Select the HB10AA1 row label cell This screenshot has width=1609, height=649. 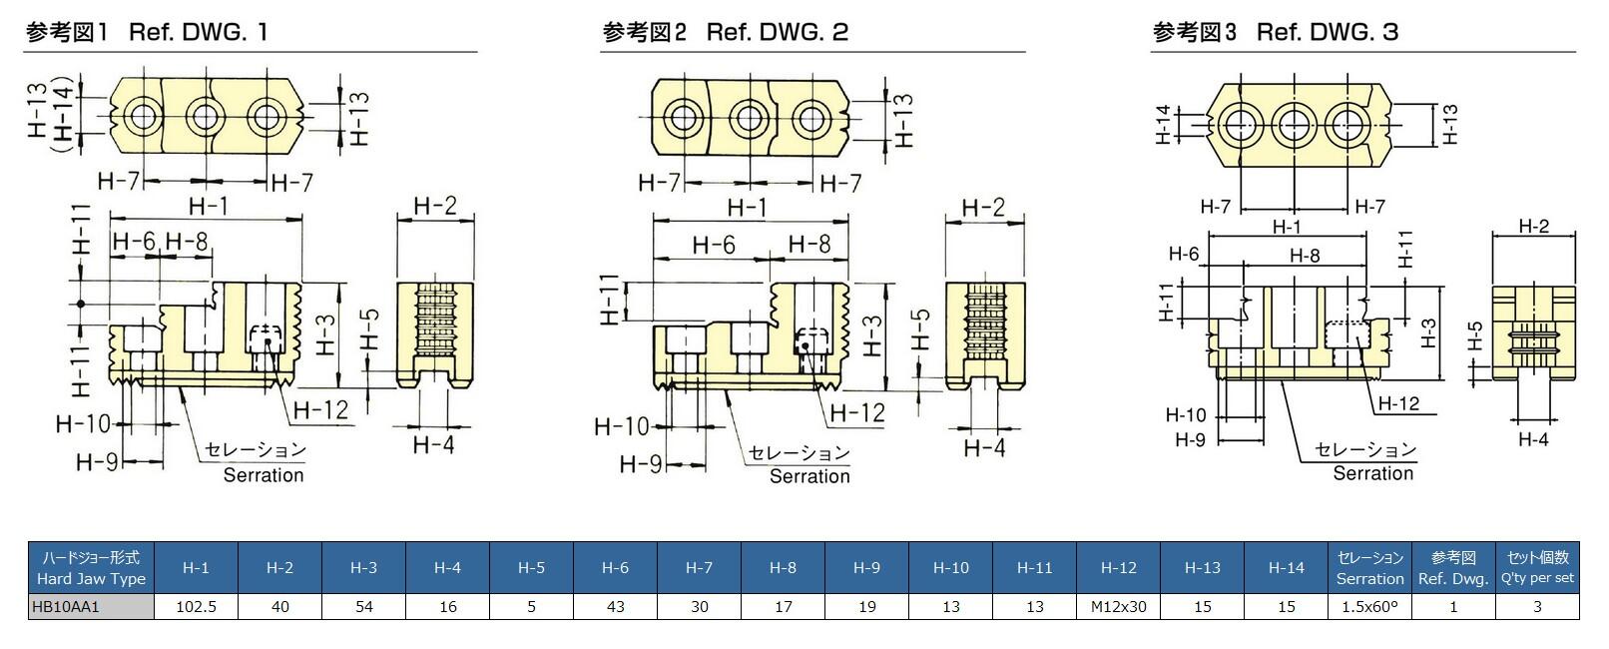coord(91,606)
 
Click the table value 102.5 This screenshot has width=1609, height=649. coord(196,606)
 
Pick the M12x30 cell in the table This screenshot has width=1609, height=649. coord(1118,606)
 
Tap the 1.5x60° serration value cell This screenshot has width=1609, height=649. coord(1369,606)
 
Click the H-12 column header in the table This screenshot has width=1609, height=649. coord(1118,567)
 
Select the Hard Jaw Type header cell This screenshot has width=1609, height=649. coord(91,567)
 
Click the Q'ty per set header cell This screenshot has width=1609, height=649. coord(1537,567)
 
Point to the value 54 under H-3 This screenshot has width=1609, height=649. coord(363,606)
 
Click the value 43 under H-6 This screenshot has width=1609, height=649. coord(615,606)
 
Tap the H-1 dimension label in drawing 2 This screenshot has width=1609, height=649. coord(747,207)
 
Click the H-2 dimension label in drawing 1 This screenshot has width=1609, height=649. coord(435,206)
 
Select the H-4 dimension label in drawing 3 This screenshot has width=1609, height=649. coord(1533,439)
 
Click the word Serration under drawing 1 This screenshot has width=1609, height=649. coord(264,475)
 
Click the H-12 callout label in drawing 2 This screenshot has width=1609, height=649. coord(857,412)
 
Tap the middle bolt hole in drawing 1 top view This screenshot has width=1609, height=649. coord(207,117)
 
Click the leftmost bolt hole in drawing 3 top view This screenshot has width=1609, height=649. coord(1243,125)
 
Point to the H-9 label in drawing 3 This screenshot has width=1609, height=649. coord(1190,439)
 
